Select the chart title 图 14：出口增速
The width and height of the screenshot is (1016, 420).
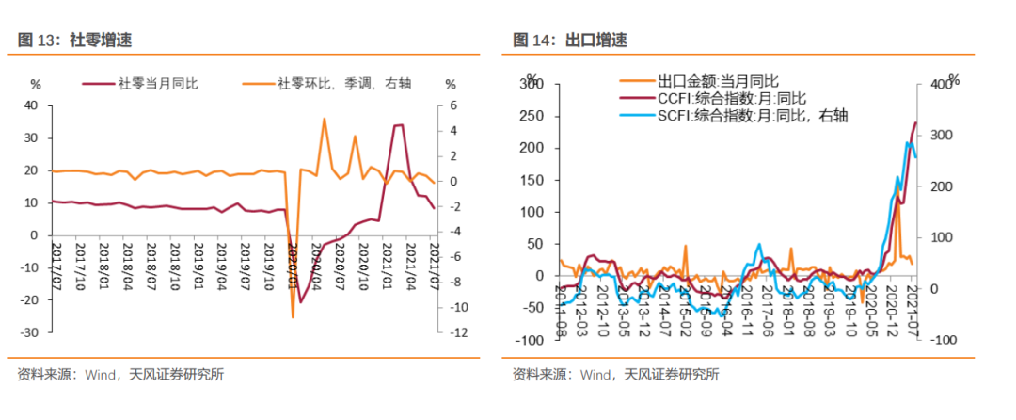pos(569,40)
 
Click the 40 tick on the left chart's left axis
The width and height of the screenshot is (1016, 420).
pos(31,105)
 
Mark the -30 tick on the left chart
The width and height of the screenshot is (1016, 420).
pos(28,332)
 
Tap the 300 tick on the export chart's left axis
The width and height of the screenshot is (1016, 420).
pos(533,86)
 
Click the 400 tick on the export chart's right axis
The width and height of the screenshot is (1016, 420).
pos(942,86)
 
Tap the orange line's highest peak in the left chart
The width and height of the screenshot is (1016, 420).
pos(324,119)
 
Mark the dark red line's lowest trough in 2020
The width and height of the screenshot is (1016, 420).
pos(300,302)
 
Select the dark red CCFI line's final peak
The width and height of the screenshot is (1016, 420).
pos(916,122)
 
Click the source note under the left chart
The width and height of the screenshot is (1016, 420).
pos(119,375)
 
